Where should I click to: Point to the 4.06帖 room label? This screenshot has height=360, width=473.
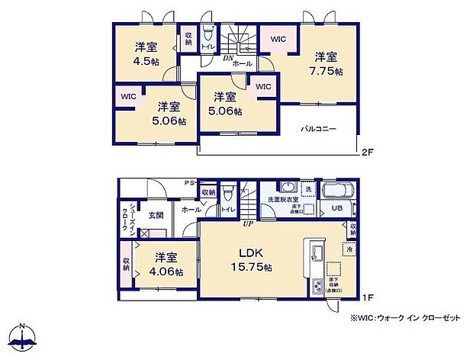(x=165, y=265)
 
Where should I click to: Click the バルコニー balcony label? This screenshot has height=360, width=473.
(x=317, y=130)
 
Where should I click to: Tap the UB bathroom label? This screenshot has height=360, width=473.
(x=336, y=207)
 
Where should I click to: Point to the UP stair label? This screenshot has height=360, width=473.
(x=247, y=224)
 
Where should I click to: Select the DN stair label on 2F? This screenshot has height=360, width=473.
(x=227, y=57)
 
